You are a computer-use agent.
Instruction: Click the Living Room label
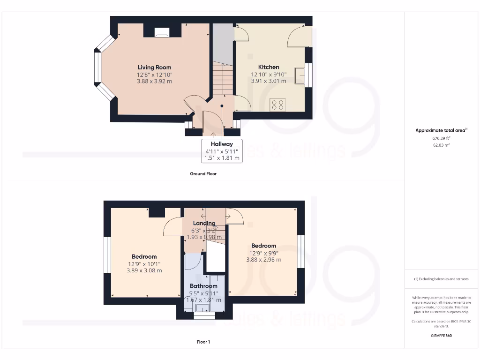(x=154, y=67)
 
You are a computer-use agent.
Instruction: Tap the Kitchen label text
(x=265, y=67)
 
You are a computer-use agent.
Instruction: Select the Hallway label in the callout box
(x=222, y=144)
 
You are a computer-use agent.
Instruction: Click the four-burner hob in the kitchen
(x=277, y=105)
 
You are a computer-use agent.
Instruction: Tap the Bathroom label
(x=203, y=286)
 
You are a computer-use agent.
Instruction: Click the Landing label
(x=204, y=223)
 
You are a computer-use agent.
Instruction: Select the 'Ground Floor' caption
(x=203, y=173)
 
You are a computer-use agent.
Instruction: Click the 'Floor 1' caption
(x=203, y=342)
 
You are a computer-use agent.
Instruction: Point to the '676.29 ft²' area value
(x=441, y=139)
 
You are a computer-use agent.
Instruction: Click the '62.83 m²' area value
(x=441, y=145)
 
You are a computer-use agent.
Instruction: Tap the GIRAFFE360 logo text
(x=441, y=336)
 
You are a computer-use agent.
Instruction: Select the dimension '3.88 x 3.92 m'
(x=154, y=81)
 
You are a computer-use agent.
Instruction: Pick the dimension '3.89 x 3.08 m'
(x=144, y=270)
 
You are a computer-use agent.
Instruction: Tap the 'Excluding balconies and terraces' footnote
(x=441, y=279)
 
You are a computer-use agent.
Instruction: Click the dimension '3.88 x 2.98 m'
(x=263, y=260)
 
